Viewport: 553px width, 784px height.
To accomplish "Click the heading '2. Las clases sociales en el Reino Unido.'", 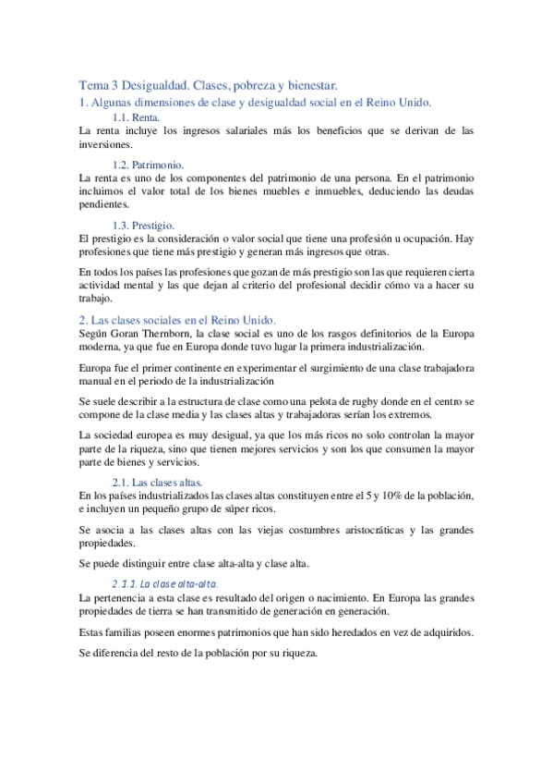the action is (177, 319).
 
